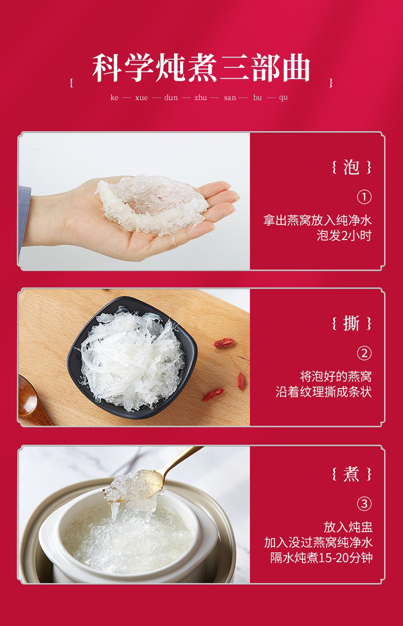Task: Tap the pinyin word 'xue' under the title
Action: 141,98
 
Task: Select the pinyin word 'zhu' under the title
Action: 200,98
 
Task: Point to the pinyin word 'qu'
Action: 283,98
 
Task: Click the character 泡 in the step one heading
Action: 351,167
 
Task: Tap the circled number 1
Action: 364,197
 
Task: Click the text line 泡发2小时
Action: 344,235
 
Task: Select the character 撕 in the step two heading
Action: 351,323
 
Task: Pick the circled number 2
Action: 364,353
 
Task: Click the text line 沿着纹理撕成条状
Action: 324,392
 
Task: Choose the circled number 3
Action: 364,504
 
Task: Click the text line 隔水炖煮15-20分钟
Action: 321,558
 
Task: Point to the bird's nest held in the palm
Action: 152,204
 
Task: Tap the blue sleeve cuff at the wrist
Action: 24,221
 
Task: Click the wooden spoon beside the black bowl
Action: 32,400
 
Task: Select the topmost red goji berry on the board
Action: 224,343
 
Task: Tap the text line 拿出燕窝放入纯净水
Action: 317,220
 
